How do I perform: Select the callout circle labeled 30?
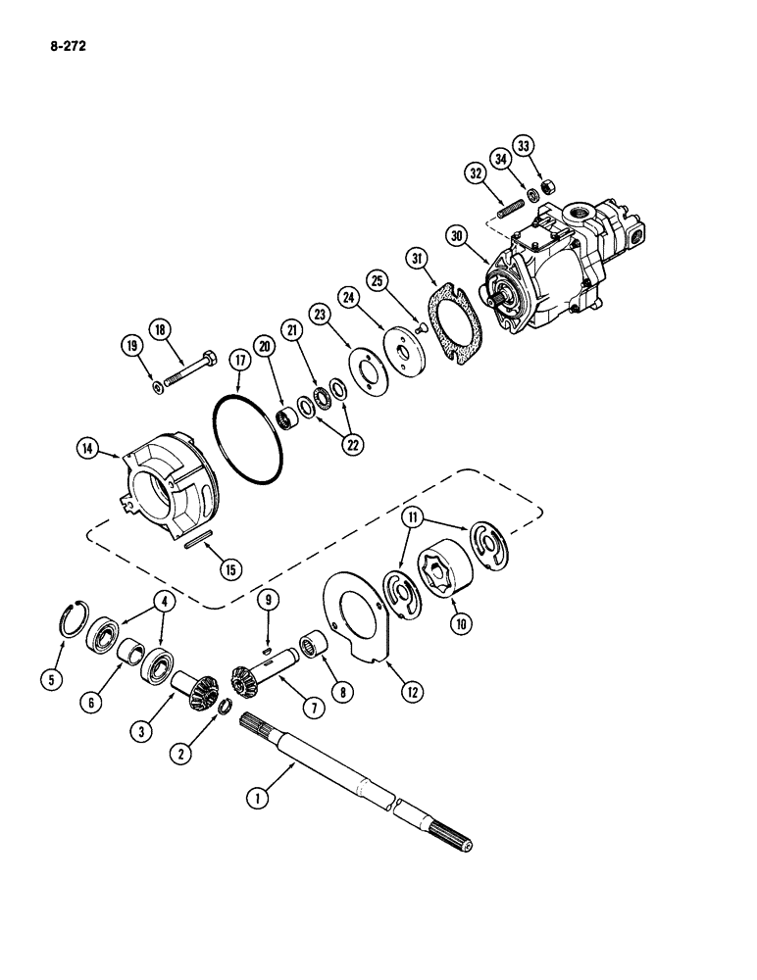[453, 235]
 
